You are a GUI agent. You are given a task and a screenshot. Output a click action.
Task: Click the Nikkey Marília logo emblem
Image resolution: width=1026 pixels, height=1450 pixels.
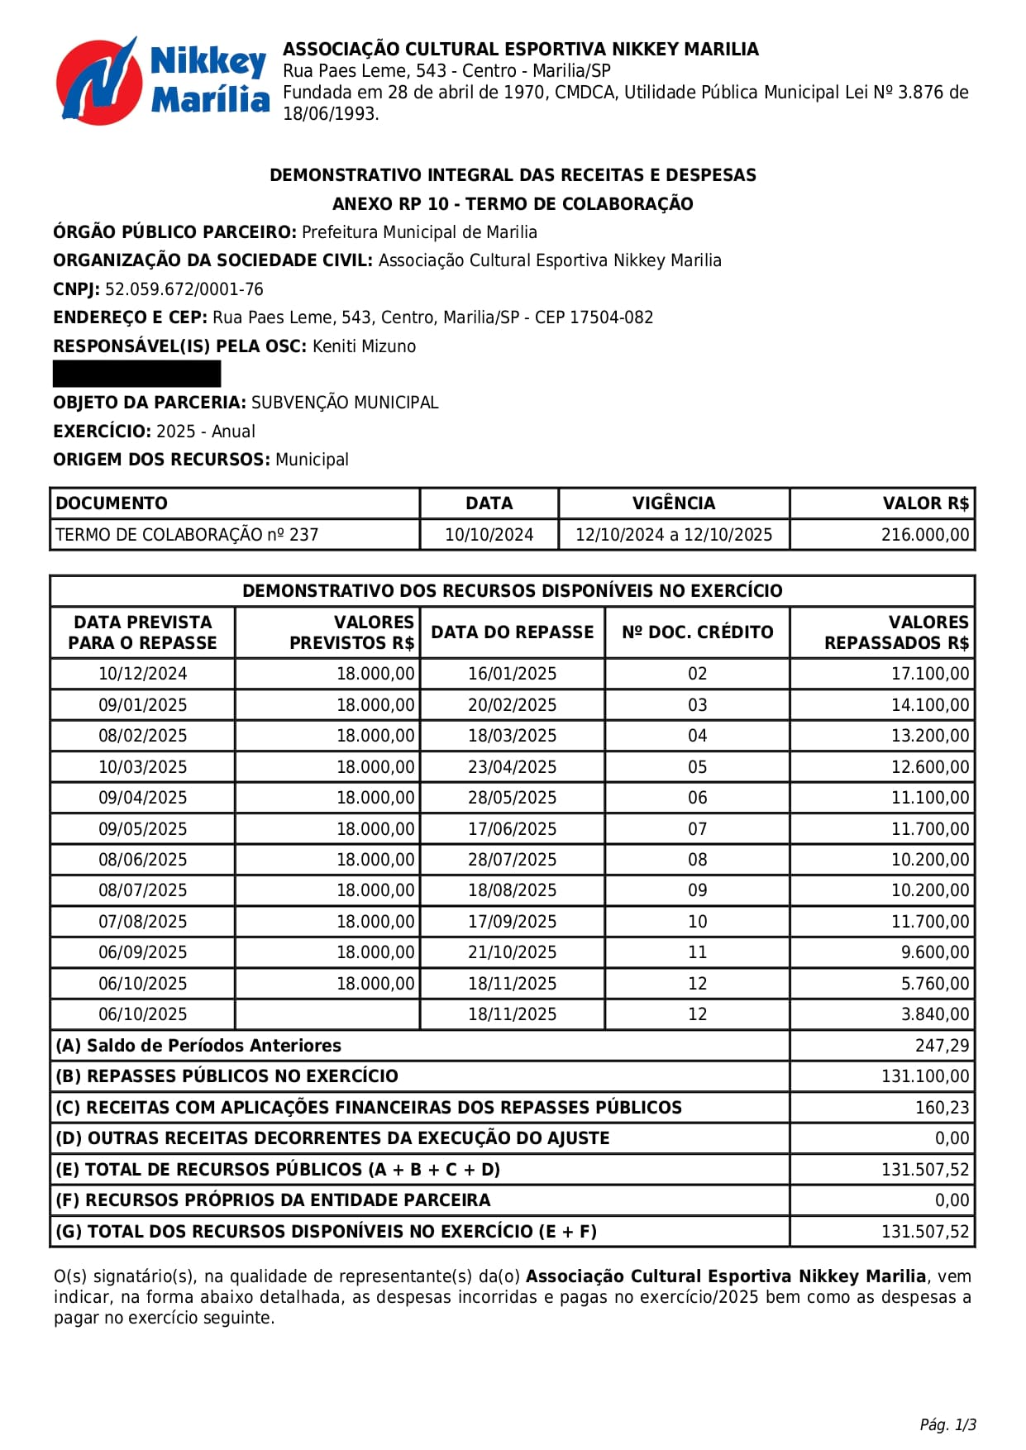97,81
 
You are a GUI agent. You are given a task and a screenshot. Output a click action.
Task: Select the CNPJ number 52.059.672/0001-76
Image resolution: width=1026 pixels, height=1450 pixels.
184,289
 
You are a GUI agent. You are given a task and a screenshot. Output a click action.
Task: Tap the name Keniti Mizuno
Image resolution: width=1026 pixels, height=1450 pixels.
364,346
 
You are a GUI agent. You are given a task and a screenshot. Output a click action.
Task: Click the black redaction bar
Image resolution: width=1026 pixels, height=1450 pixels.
136,374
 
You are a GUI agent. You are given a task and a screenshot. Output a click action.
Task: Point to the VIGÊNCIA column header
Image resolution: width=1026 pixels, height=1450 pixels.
673,503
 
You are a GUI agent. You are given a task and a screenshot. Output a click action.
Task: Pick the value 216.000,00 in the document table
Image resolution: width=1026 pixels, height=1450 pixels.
924,535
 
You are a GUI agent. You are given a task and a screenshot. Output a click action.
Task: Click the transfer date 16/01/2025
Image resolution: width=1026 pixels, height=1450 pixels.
512,674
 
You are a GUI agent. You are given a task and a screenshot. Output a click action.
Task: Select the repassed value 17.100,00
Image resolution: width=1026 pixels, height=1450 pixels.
929,674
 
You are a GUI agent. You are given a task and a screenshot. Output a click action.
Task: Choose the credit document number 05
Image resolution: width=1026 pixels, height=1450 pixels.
697,767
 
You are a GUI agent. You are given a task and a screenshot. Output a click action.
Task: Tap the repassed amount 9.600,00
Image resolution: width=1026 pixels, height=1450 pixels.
934,952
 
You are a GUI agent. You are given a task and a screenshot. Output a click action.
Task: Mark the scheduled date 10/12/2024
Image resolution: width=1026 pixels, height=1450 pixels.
142,674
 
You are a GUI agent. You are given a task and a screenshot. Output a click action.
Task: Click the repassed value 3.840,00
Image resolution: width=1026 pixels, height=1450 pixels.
934,1014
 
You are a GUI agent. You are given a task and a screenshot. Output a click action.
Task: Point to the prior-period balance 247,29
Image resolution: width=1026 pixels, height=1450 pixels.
942,1046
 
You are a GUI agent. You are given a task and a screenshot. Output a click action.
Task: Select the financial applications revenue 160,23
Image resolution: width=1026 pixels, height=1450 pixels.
942,1108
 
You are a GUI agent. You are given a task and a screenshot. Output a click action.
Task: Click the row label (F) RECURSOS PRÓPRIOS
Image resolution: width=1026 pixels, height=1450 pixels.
273,1200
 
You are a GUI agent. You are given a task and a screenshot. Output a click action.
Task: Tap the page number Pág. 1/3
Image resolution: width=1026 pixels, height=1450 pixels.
947,1424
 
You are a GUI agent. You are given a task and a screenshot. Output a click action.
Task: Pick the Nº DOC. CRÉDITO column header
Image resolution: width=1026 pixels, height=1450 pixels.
697,632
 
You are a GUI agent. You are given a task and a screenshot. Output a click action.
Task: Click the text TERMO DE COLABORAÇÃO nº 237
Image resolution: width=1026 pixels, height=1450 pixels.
187,535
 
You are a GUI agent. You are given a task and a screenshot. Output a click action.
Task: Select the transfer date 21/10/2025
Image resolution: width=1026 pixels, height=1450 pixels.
512,952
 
